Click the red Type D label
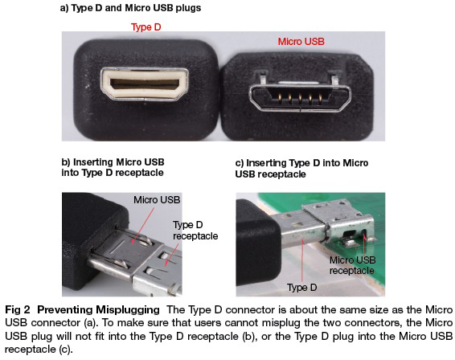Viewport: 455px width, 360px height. pos(146,27)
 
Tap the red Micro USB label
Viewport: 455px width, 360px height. pos(301,42)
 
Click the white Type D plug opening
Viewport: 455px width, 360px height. pos(145,84)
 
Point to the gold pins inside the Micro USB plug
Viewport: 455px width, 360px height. pos(300,98)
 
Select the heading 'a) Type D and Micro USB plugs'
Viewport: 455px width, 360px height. pos(130,8)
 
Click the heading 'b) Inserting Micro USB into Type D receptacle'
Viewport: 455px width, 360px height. pos(113,167)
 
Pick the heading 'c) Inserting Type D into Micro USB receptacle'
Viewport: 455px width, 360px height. pos(301,168)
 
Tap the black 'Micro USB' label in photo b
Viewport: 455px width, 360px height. pos(157,199)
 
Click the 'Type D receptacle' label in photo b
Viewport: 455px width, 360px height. pos(195,231)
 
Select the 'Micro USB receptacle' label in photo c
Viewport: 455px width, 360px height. pos(352,265)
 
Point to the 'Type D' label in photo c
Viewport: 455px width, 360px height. pos(301,287)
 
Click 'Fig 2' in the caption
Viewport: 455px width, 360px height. pos(18,310)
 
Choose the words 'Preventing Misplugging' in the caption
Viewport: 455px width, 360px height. pos(98,310)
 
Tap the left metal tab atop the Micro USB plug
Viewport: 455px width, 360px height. pos(262,77)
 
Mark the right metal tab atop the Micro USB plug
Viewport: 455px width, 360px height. pos(334,78)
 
